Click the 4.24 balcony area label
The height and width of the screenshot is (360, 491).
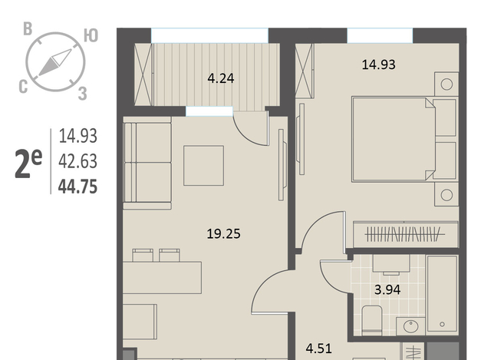(221, 78)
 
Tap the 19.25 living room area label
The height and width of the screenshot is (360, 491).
(223, 234)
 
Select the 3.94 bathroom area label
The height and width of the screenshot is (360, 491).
(387, 289)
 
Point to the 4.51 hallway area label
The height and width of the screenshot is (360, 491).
(319, 348)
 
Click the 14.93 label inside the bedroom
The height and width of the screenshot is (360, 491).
(378, 64)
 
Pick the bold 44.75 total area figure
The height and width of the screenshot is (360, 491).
(77, 187)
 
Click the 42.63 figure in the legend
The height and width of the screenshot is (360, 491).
(78, 161)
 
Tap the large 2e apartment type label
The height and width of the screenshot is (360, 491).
(28, 163)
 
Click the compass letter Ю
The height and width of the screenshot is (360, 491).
(91, 36)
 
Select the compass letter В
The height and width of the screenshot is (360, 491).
(28, 29)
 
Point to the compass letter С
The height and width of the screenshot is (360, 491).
(23, 87)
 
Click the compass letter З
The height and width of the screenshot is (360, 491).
(82, 94)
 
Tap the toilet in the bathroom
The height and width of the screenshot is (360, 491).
(372, 319)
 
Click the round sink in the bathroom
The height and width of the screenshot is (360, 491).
(411, 326)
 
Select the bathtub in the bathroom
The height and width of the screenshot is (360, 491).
(442, 293)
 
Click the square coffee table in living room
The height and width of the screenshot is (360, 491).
(203, 166)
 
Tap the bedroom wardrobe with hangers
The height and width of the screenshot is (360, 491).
(406, 234)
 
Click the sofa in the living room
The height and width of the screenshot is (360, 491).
(147, 163)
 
